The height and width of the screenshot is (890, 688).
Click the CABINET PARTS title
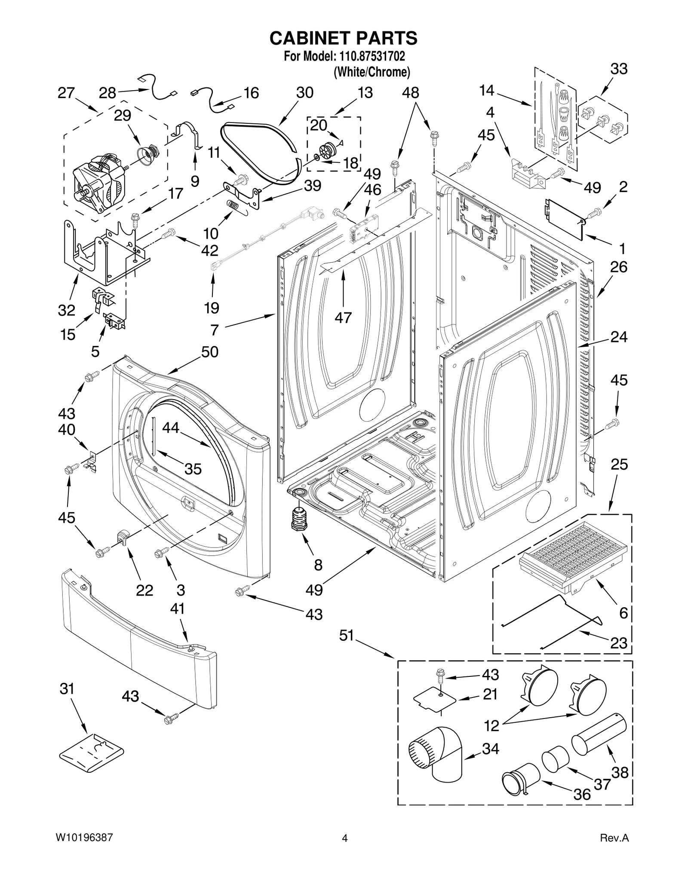point(343,38)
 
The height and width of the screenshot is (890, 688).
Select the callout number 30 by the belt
point(304,93)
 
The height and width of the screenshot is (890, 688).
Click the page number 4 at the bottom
point(344,850)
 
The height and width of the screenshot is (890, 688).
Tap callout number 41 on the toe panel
point(178,608)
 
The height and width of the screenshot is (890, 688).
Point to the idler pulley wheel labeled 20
point(329,150)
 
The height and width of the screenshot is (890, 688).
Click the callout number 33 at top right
point(619,69)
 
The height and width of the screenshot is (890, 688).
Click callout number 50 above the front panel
point(210,352)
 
